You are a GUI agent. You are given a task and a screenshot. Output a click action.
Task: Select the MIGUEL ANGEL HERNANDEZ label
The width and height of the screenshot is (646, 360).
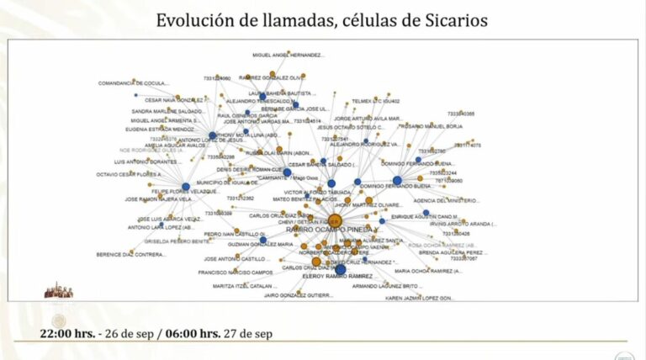[x=289, y=56]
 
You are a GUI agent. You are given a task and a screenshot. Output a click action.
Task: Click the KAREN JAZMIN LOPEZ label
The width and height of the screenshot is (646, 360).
[x=420, y=298]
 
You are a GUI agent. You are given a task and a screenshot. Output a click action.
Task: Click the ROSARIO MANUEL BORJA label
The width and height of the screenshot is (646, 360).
[x=432, y=126]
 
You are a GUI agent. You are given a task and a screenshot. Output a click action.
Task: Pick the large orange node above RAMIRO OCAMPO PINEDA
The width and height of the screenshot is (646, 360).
[x=334, y=220]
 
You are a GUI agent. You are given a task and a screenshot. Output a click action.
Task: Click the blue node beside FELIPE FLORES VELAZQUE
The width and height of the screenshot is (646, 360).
[x=186, y=187]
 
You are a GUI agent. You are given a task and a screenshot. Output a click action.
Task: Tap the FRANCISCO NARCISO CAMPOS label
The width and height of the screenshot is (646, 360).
[x=230, y=273]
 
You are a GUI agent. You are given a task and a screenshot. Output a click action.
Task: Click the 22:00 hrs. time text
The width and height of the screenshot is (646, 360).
[x=67, y=333]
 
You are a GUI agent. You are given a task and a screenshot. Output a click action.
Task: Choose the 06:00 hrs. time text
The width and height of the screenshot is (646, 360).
[x=190, y=333]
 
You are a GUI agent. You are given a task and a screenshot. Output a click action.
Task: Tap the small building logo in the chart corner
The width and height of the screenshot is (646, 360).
[x=58, y=290]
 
